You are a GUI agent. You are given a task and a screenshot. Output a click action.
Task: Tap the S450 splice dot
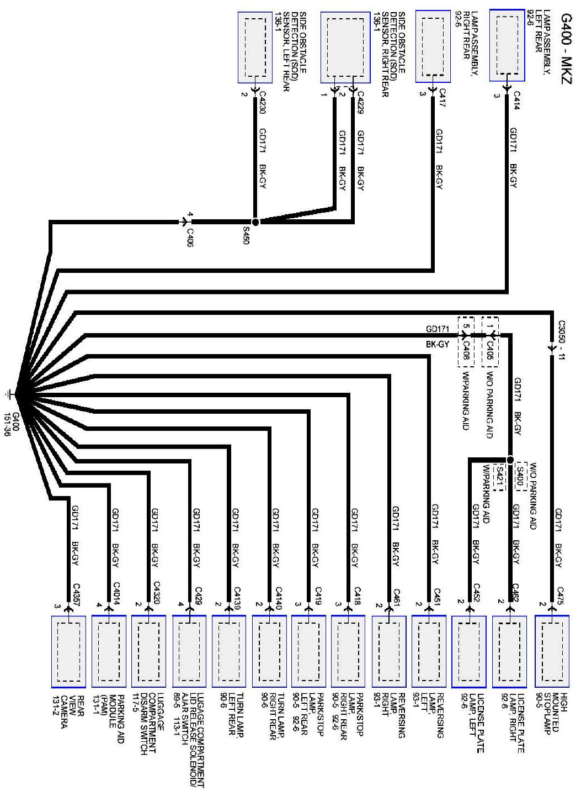click(x=255, y=222)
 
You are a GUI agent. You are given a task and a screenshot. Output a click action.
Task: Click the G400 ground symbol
click(x=10, y=394)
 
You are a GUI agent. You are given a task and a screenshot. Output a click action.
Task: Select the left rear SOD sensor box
click(x=255, y=48)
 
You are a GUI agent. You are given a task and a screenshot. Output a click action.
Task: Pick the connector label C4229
click(x=361, y=100)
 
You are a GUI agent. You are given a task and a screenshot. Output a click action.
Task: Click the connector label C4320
click(x=156, y=594)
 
